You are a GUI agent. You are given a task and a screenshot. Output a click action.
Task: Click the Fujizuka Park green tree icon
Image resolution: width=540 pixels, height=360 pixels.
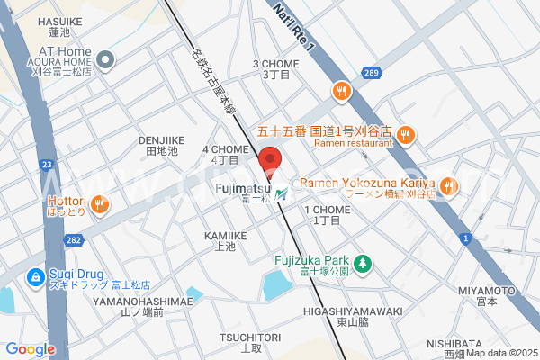[362, 264]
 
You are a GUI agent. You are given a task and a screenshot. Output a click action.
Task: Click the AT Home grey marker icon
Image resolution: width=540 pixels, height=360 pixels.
[105, 61]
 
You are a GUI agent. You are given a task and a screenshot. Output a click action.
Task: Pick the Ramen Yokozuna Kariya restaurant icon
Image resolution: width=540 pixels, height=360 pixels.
[448, 187]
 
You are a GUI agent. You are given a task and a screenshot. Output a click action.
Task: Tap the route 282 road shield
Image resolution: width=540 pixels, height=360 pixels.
[73, 240]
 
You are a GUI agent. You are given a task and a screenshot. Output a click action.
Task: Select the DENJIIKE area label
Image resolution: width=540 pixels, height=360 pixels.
[162, 140]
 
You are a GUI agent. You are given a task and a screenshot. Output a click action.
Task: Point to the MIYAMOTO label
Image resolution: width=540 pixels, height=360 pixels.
[486, 290]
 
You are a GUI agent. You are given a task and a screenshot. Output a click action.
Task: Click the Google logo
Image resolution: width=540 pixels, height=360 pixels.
[31, 349]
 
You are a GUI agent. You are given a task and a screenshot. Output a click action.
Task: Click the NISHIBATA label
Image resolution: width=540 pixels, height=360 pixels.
[480, 343]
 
